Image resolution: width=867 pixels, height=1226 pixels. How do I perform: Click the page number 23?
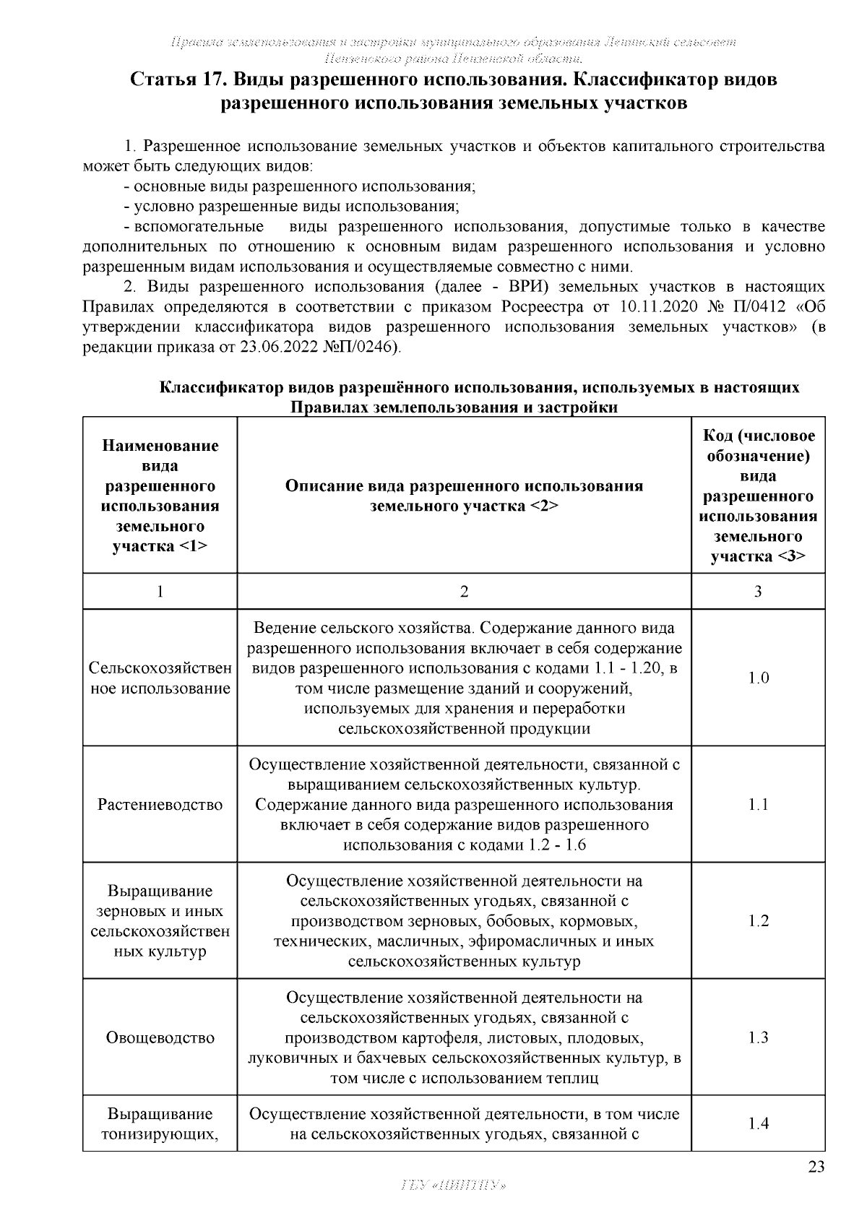point(816,1167)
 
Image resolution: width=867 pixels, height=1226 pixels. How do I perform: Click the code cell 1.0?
point(758,678)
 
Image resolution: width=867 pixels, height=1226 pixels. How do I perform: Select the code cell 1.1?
point(758,804)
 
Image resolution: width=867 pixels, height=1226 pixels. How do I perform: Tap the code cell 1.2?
point(758,920)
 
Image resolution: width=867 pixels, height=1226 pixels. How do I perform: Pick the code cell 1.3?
point(758,1037)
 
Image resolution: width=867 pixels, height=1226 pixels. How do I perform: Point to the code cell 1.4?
point(758,1123)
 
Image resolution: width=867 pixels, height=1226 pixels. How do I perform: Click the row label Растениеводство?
point(160,804)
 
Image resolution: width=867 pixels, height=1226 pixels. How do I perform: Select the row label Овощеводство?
point(160,1037)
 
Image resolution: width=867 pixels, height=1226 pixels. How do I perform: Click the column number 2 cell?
point(464,592)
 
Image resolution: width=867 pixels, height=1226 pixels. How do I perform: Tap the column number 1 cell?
point(160,592)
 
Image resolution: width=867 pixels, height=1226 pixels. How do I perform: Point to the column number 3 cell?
point(758,592)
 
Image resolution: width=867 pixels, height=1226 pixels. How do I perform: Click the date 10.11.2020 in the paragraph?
point(658,307)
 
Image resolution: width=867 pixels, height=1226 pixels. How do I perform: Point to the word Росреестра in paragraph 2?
point(542,307)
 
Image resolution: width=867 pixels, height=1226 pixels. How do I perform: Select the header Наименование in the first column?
point(160,445)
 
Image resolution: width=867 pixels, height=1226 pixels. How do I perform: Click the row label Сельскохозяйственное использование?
point(160,678)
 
